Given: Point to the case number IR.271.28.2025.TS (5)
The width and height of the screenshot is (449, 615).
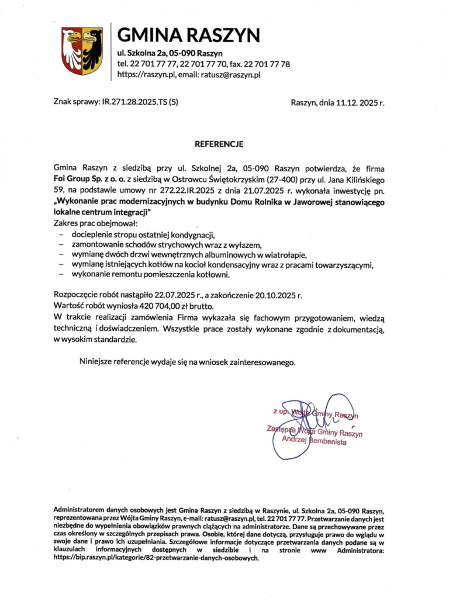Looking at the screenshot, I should [140, 102].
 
